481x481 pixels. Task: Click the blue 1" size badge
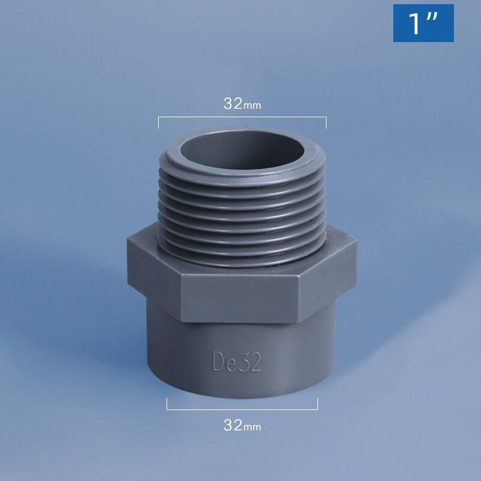pos(423,23)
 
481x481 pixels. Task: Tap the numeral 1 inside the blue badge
pos(414,23)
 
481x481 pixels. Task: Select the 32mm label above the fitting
pos(242,103)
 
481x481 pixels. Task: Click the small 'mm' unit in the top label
pos(253,105)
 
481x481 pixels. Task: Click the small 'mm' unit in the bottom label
pos(253,427)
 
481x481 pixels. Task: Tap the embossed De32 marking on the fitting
pos(237,361)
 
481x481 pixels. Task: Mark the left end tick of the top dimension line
pos(159,123)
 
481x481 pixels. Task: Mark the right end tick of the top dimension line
pos(326,123)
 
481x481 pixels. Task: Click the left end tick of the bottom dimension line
pos(167,404)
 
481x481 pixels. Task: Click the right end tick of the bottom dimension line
pos(317,404)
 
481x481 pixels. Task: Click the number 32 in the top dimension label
pos(233,103)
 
